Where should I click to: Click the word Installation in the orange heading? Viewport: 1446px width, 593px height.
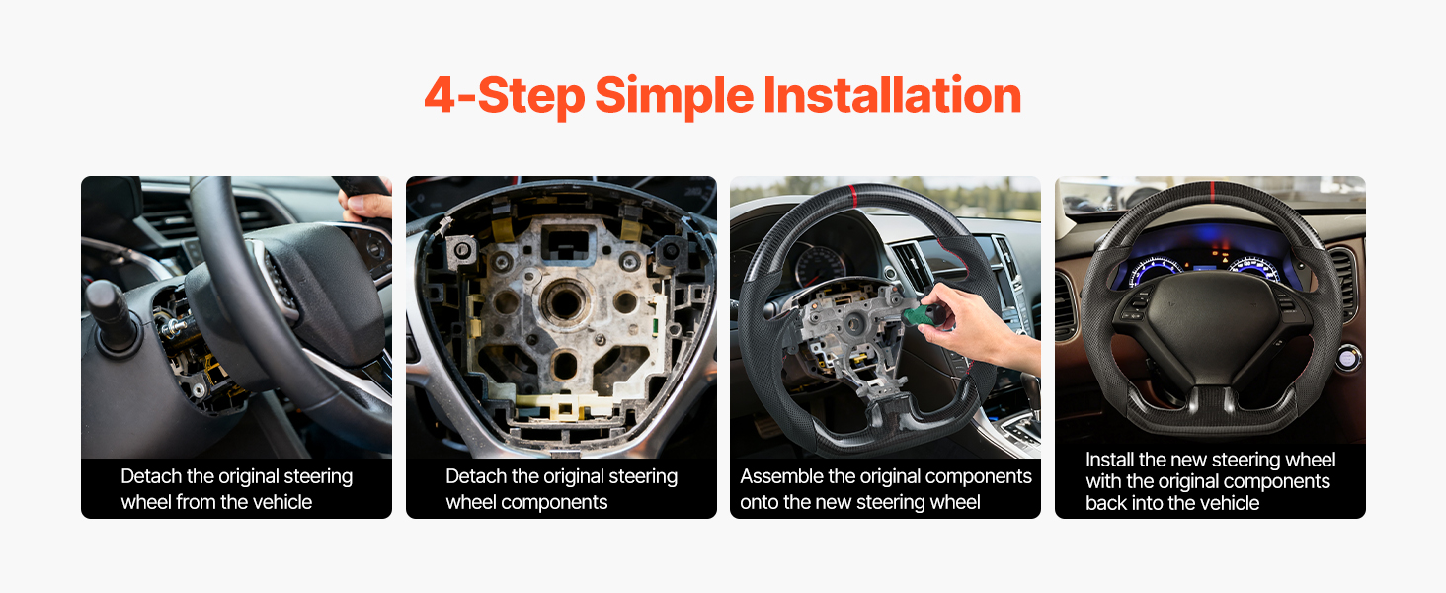click(892, 95)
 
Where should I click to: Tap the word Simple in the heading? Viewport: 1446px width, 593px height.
click(674, 96)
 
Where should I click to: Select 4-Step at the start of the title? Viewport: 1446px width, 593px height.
click(504, 96)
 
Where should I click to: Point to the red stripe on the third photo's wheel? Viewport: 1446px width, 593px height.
click(853, 196)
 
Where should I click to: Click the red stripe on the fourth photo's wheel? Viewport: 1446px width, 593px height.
click(1212, 192)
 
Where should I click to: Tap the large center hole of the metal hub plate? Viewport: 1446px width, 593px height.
click(564, 300)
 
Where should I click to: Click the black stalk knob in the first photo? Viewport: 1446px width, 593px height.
click(110, 313)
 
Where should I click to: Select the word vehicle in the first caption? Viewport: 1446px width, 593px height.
click(282, 502)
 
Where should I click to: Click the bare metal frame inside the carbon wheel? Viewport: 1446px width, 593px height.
click(852, 336)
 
